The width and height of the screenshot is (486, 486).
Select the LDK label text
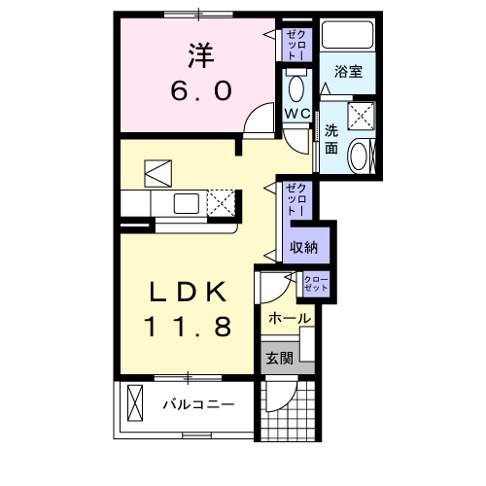point(189,292)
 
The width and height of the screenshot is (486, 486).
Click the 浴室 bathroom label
point(348,71)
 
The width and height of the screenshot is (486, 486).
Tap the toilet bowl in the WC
point(296,88)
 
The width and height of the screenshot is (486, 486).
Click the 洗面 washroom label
point(331,139)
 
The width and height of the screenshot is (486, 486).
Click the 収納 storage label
point(304,247)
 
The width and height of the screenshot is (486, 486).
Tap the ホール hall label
point(289,318)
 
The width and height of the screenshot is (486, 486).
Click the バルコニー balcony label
point(197,403)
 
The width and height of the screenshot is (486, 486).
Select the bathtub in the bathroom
point(349,36)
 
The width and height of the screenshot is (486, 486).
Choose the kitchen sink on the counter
point(187,203)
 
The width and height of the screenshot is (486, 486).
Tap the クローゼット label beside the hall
point(315,285)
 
